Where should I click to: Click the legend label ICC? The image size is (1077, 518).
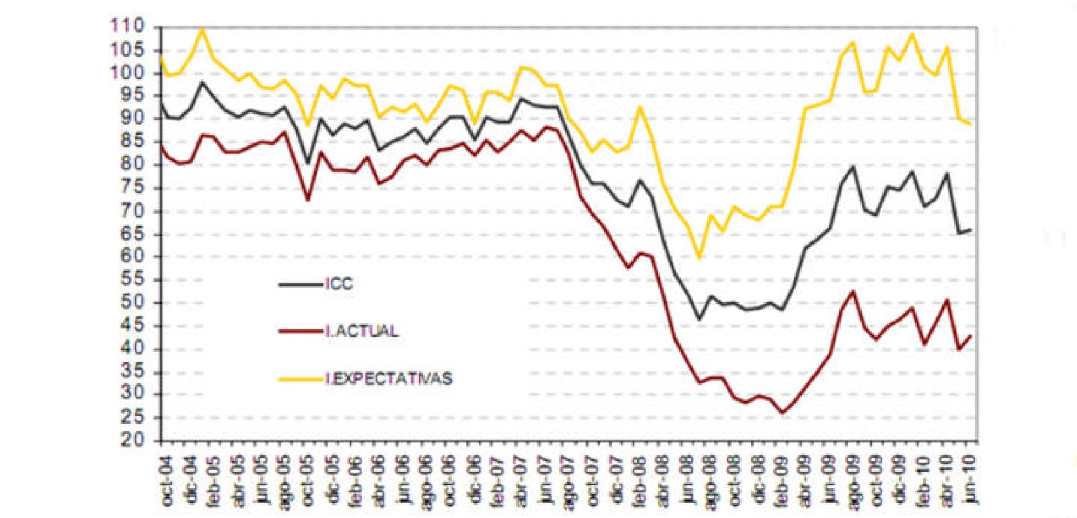click(340, 284)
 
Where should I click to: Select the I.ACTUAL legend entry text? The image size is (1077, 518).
click(362, 331)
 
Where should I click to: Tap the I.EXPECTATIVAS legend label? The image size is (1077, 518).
click(389, 379)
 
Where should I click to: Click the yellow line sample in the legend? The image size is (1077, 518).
click(300, 379)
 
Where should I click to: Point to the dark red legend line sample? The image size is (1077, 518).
click(300, 331)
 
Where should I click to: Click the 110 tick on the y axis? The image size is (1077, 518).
click(129, 27)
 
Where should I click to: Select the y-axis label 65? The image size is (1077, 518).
click(132, 234)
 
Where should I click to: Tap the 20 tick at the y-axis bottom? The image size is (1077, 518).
click(132, 441)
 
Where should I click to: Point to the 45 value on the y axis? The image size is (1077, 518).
click(132, 326)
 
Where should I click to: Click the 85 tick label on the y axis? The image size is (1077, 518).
click(132, 141)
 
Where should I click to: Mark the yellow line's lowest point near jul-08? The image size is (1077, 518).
click(699, 257)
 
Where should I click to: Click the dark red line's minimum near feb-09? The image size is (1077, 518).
click(782, 412)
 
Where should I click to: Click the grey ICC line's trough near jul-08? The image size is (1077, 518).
click(699, 319)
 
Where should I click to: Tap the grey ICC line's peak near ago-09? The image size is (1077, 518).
click(853, 166)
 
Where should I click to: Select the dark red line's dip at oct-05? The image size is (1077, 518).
click(308, 200)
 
